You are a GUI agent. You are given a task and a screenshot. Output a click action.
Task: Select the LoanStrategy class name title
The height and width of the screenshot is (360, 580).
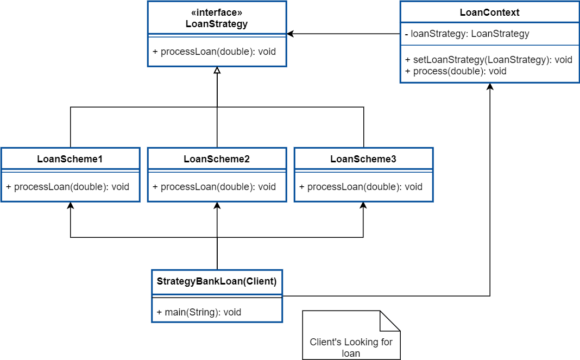217,24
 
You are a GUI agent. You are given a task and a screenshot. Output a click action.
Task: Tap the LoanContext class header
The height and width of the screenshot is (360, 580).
489,12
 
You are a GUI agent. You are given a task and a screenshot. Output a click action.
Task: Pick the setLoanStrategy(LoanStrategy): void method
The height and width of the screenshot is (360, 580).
489,60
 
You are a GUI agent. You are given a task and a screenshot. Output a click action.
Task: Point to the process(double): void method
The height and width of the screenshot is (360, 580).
456,71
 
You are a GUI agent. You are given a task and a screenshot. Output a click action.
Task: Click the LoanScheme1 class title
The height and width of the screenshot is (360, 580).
70,159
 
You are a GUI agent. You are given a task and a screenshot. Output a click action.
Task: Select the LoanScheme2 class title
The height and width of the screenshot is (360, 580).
217,159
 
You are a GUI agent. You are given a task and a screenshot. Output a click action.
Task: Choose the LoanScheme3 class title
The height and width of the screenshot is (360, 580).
363,159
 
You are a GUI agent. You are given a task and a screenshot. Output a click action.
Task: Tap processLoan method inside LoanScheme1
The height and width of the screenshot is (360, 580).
68,187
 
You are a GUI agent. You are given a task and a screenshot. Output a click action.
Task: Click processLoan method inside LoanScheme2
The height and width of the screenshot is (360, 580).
215,187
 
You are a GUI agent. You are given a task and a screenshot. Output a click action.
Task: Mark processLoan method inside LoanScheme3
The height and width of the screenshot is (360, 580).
361,187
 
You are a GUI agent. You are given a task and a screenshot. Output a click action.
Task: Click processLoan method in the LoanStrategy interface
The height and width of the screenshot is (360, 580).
215,52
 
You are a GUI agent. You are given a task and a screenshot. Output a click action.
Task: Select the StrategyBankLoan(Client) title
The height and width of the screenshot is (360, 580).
217,282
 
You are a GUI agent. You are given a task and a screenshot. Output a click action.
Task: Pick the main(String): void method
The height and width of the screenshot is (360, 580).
199,312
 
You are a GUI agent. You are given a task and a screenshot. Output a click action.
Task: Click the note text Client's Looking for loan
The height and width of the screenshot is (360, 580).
351,348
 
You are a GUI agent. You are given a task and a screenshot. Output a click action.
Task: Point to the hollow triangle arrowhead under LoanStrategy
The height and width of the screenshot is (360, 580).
217,71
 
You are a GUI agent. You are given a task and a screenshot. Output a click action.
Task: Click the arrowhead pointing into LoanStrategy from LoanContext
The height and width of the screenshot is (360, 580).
291,34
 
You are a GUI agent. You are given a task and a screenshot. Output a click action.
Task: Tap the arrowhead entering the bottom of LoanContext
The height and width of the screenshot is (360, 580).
490,87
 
